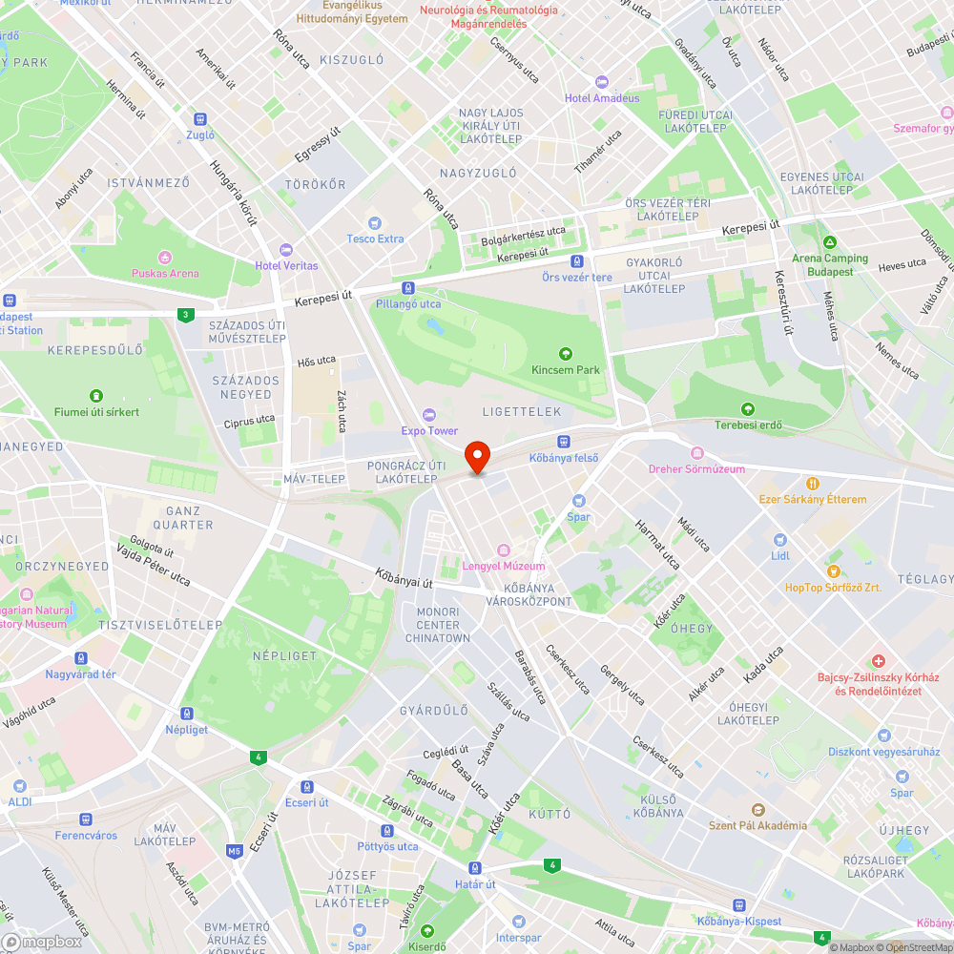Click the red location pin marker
click(x=476, y=456)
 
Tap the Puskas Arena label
click(x=165, y=273)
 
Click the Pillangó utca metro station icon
click(x=408, y=288)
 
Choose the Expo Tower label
click(x=428, y=430)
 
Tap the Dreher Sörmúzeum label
click(x=696, y=468)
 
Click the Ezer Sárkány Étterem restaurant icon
click(x=813, y=484)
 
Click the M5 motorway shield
click(x=235, y=850)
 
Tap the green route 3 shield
click(x=184, y=315)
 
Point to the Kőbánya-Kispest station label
click(x=738, y=921)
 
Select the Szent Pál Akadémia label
click(x=757, y=825)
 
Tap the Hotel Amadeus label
click(x=601, y=97)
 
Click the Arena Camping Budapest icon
click(x=830, y=242)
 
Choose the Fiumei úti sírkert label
click(x=95, y=411)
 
